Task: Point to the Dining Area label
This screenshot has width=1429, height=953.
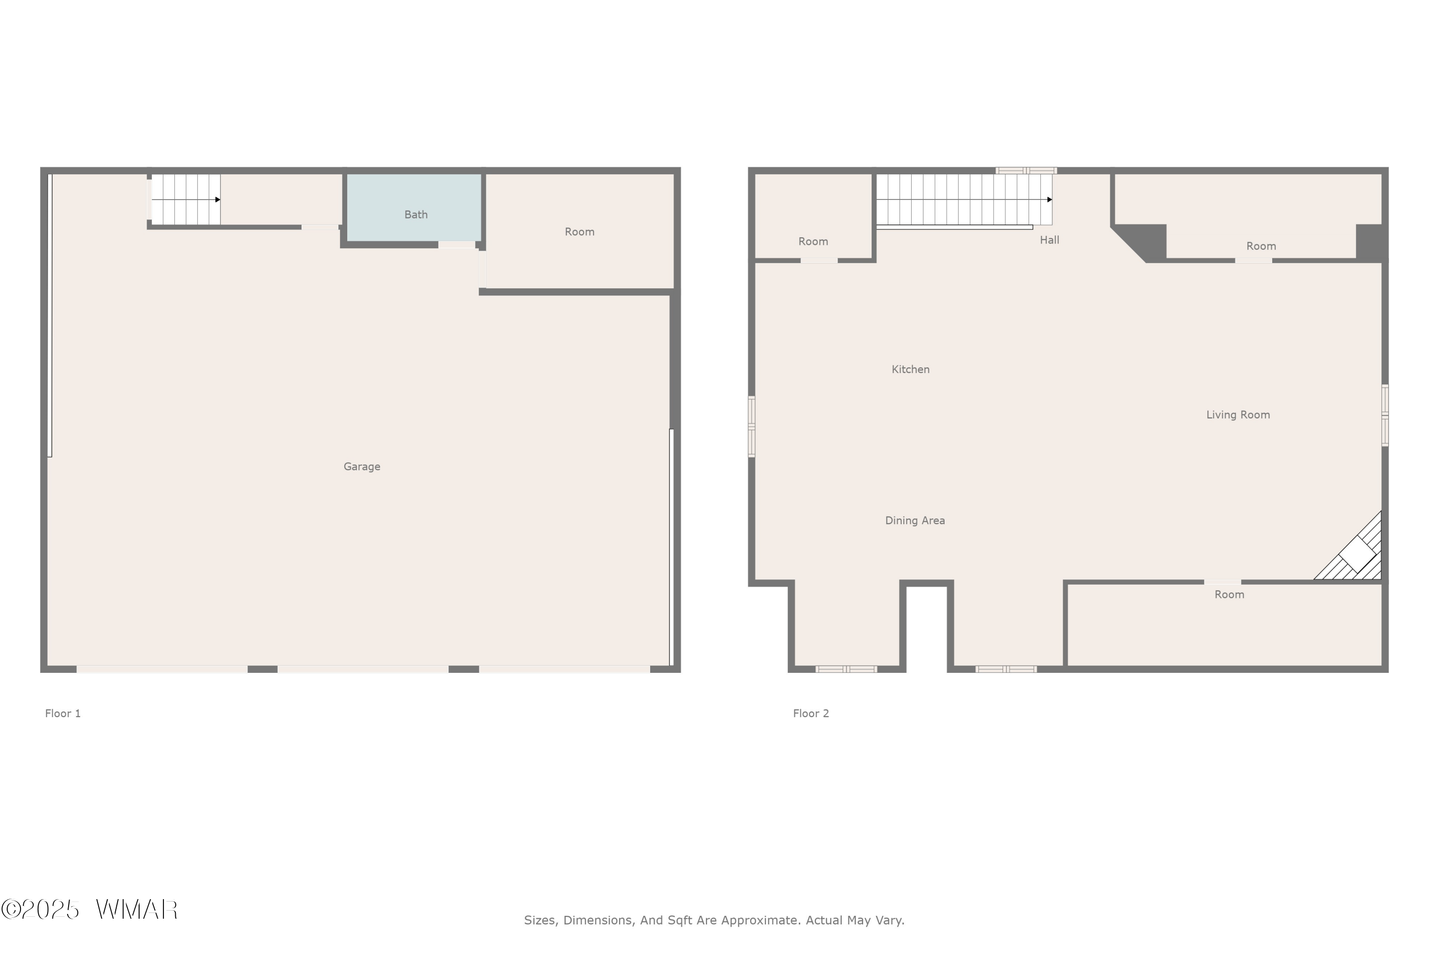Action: click(915, 520)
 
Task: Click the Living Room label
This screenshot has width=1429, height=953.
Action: click(1238, 415)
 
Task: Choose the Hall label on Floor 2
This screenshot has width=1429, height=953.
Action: click(1049, 240)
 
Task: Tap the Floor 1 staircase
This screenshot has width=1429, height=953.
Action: click(185, 199)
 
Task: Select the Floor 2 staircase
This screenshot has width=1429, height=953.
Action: click(964, 199)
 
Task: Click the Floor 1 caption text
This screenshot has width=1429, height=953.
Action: click(62, 713)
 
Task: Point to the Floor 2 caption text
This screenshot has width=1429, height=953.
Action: click(811, 713)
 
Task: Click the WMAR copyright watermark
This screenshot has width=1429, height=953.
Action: click(90, 909)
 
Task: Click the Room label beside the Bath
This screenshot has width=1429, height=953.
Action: click(579, 232)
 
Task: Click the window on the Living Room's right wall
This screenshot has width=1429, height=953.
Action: click(1385, 415)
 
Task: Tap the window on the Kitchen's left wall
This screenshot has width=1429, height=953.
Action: click(752, 426)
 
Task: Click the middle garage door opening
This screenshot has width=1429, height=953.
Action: click(362, 669)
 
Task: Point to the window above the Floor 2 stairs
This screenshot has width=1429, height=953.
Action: click(1026, 171)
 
